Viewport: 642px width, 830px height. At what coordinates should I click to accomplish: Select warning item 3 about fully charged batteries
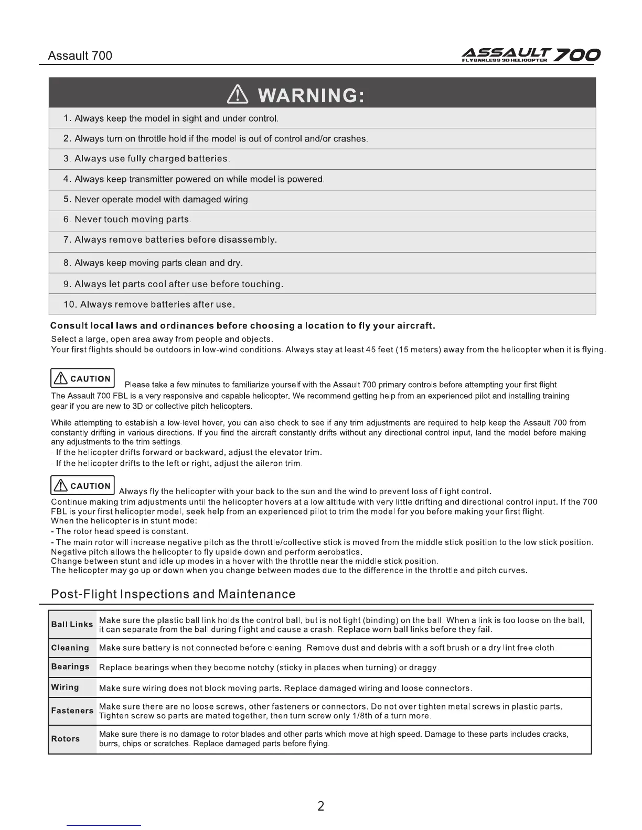tap(147, 159)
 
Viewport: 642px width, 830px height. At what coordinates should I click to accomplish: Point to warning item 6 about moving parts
tap(127, 220)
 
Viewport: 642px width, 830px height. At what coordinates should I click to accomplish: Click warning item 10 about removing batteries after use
tap(149, 304)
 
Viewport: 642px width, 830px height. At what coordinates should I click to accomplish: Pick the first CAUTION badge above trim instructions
tap(82, 378)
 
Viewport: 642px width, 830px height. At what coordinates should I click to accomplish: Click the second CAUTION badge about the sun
tap(82, 486)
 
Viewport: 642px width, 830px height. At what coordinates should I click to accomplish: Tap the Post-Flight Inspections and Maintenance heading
tap(173, 594)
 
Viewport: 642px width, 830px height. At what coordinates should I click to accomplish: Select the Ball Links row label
tap(72, 625)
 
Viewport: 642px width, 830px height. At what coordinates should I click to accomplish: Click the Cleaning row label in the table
tap(70, 648)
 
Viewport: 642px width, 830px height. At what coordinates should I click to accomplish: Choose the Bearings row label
tap(70, 667)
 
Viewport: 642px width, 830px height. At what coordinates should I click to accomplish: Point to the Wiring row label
tap(65, 687)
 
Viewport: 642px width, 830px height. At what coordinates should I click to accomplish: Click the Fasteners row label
tap(72, 711)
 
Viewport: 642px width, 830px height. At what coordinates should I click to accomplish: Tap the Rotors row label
tap(66, 739)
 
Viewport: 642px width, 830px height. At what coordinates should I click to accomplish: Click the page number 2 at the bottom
tap(321, 806)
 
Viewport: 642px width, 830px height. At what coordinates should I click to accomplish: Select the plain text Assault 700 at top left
tap(80, 56)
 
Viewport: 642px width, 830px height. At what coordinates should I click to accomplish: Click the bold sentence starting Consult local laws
tap(243, 326)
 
